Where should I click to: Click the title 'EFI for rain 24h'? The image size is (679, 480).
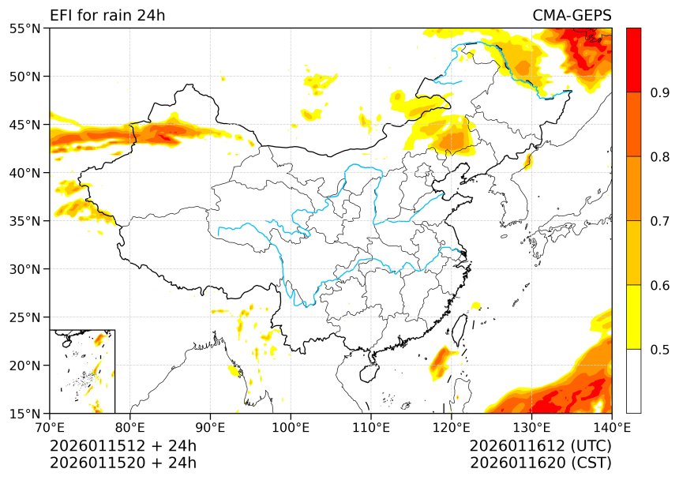click(107, 16)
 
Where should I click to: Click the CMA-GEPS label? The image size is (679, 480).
click(572, 16)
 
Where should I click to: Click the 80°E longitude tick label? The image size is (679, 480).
click(130, 427)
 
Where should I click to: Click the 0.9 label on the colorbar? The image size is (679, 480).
click(660, 92)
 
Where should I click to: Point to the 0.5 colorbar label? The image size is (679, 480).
click(660, 349)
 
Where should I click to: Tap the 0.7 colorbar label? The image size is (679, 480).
click(660, 221)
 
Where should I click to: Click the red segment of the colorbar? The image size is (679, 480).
click(633, 60)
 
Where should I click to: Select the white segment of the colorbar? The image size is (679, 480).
click(633, 381)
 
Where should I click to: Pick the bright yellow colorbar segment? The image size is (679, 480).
click(633, 317)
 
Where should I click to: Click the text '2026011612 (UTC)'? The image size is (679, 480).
click(540, 446)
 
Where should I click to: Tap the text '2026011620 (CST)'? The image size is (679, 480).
click(540, 463)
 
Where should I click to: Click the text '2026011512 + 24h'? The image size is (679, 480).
click(123, 446)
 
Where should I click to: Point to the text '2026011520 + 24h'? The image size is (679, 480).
click(123, 463)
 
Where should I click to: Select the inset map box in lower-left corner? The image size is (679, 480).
click(82, 371)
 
